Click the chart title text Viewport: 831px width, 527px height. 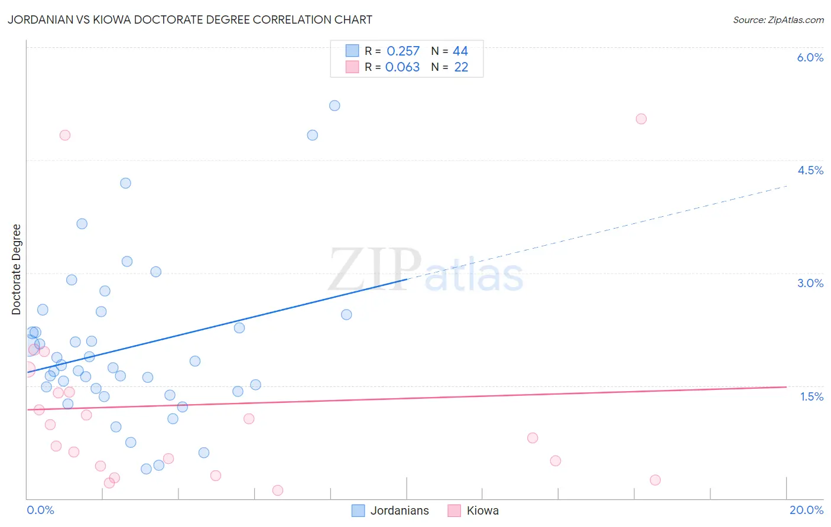(x=190, y=19)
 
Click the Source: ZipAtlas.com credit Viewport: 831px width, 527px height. (x=778, y=19)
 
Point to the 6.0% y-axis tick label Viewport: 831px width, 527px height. (x=810, y=57)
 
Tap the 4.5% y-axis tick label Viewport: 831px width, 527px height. (x=810, y=170)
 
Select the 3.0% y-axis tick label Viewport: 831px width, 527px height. (x=810, y=283)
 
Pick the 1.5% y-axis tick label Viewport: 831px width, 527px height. (x=811, y=396)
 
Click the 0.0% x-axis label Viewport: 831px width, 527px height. (x=40, y=510)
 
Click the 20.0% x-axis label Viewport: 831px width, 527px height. (x=806, y=510)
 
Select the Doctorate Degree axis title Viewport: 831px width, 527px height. (x=17, y=269)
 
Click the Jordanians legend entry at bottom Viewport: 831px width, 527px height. (x=391, y=510)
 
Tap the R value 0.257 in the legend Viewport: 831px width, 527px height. (x=403, y=51)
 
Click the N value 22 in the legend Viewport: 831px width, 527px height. (x=461, y=67)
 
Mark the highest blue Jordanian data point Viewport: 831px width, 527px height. (x=335, y=106)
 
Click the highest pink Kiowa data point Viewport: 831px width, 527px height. (x=641, y=119)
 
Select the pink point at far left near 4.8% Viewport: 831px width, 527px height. (x=65, y=135)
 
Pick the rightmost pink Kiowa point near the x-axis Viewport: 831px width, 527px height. (x=655, y=480)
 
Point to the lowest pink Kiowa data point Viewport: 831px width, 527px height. (x=278, y=490)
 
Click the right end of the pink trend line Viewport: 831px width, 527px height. (x=786, y=387)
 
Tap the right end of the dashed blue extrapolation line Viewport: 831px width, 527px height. (x=787, y=186)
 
